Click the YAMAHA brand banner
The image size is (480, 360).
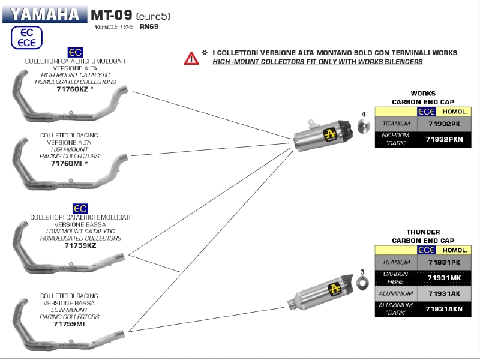pos(44,14)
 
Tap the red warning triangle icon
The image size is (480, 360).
pos(191,58)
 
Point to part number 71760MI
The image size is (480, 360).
pos(67,163)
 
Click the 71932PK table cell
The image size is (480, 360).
pos(444,124)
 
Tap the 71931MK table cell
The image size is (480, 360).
pos(444,278)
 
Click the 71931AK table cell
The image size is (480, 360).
pos(444,293)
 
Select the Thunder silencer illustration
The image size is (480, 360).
pos(321,291)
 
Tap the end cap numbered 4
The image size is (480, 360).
pos(363,127)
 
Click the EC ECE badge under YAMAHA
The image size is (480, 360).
pos(27,37)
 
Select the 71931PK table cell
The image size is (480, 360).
pos(444,262)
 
